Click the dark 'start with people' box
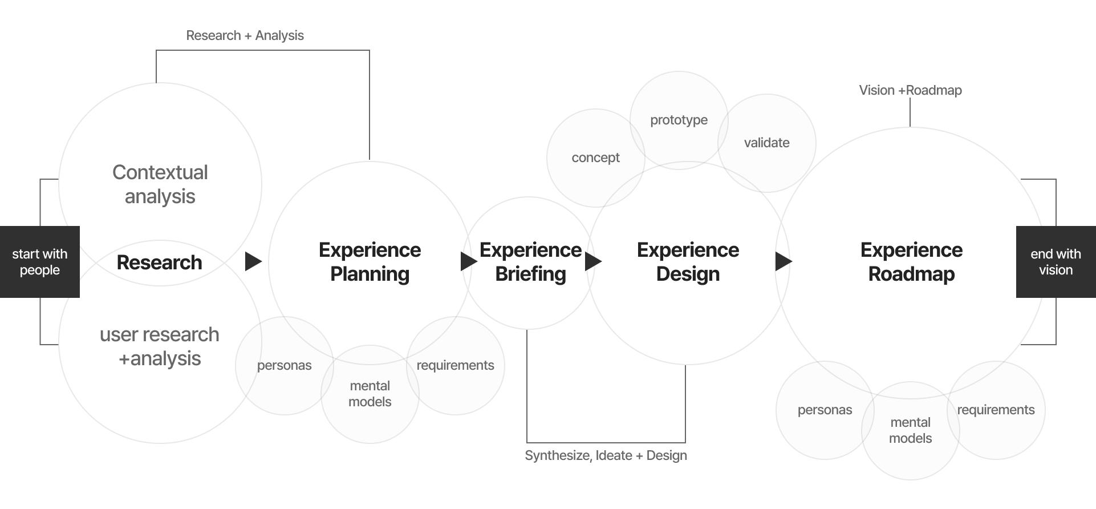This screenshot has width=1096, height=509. [x=40, y=262]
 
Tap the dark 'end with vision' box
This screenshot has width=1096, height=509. [x=1056, y=262]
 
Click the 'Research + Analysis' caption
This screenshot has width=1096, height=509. [x=245, y=35]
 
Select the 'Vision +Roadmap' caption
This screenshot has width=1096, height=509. [x=910, y=90]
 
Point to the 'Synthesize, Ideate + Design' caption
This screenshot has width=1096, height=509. [x=606, y=455]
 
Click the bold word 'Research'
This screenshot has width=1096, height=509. [x=159, y=262]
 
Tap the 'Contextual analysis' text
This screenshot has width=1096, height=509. [x=160, y=184]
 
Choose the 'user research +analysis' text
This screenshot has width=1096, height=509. [x=160, y=346]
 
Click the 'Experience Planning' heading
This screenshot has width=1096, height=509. [x=370, y=262]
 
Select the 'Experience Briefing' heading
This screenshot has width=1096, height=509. [x=530, y=262]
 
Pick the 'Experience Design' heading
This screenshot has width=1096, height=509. [x=688, y=262]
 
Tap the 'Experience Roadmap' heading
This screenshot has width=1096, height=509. [x=911, y=262]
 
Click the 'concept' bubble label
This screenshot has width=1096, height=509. [x=595, y=157]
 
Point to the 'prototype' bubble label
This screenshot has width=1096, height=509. [x=679, y=120]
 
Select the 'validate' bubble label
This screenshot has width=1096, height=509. [x=766, y=143]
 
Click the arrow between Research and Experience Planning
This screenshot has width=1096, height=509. [x=253, y=261]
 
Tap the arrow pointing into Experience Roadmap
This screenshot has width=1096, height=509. [x=783, y=261]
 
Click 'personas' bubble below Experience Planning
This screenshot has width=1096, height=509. [x=284, y=365]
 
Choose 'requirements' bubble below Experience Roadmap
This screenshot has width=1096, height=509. [x=996, y=410]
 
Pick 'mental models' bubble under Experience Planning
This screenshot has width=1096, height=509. [x=370, y=394]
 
